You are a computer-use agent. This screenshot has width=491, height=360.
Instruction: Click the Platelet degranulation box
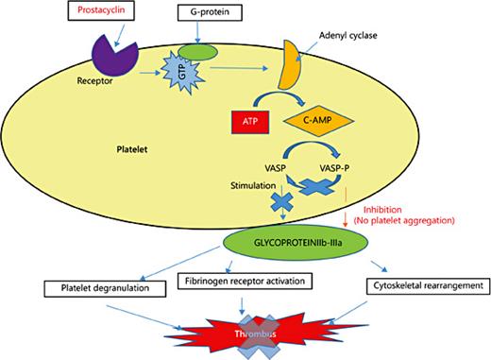coord(95,286)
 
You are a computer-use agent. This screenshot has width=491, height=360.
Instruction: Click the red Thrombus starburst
coord(244,333)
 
